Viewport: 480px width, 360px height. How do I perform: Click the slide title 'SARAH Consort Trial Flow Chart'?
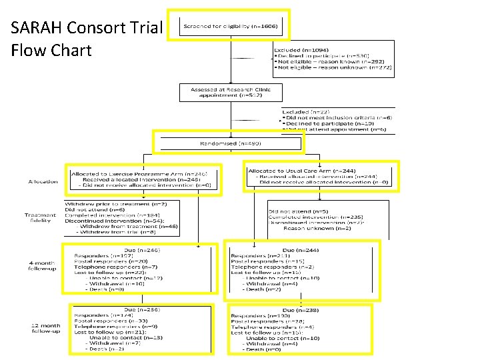(86, 39)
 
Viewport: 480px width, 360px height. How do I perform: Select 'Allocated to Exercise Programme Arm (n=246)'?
(145, 173)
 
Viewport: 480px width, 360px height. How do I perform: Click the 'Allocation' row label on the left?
(42, 181)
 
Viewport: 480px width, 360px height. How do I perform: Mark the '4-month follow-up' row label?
(40, 265)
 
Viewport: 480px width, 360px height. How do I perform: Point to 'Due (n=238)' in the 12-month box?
(300, 311)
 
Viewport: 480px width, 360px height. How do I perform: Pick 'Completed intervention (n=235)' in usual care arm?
(315, 216)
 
